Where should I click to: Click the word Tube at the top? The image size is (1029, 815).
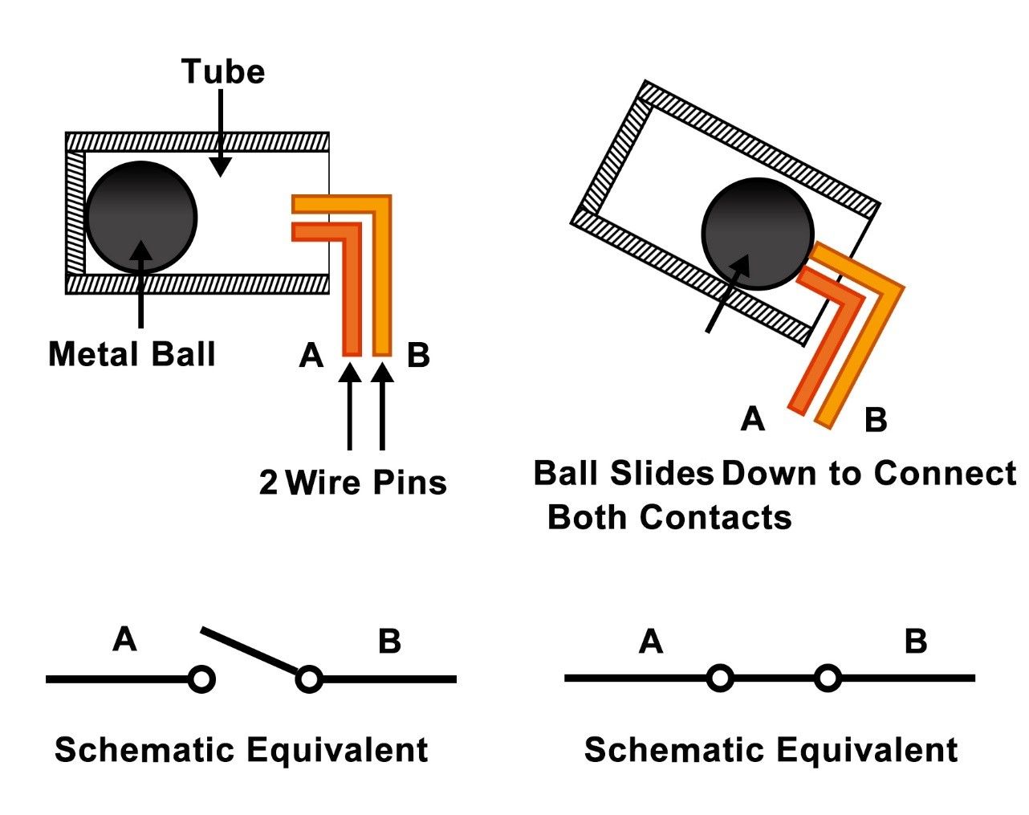click(223, 71)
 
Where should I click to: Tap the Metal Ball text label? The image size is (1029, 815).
click(132, 354)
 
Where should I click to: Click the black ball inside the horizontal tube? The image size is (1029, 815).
click(141, 217)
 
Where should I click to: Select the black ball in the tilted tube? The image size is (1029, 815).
click(758, 234)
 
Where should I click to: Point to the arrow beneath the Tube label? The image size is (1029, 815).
click(221, 133)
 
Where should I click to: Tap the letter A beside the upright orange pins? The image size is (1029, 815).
click(311, 356)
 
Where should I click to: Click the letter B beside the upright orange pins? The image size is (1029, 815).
click(418, 356)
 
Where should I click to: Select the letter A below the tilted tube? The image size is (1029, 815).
click(753, 418)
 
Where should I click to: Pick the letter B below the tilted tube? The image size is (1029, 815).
click(876, 419)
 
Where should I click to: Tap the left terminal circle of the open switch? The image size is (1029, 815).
click(201, 679)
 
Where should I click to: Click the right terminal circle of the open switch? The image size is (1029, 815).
click(309, 679)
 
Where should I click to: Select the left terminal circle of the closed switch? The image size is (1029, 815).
click(720, 678)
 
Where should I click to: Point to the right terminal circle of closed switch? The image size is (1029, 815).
click(828, 678)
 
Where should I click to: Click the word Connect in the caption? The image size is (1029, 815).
click(945, 473)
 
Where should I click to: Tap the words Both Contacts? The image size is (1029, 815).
click(669, 517)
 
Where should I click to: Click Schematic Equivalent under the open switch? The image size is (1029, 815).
click(241, 750)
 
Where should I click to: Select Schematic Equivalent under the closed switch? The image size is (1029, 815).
click(771, 750)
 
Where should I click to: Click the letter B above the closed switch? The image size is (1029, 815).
click(916, 641)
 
